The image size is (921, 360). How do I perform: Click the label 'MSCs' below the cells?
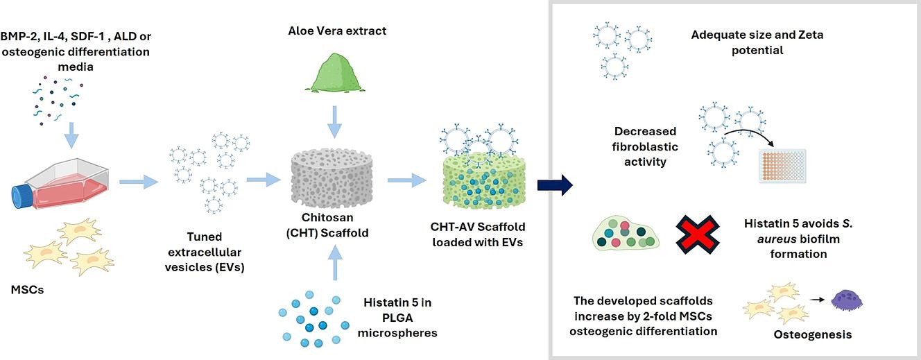tap(28, 289)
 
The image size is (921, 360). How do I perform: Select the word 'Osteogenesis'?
tap(812, 335)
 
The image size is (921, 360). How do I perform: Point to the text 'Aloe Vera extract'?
tap(336, 31)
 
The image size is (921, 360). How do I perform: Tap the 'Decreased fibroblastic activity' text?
tap(645, 146)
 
